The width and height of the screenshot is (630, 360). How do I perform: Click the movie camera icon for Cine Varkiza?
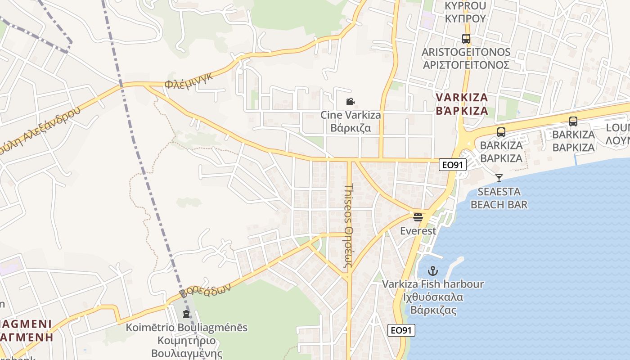[350, 102]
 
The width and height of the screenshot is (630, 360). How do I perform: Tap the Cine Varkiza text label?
[351, 121]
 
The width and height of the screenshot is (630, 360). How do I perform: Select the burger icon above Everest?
[418, 217]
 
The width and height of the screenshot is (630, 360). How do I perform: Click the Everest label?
[418, 231]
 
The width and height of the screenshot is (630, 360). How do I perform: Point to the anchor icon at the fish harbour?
[432, 271]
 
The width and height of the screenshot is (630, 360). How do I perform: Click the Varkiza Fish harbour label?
[433, 297]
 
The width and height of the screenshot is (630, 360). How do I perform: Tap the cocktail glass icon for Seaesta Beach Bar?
[499, 178]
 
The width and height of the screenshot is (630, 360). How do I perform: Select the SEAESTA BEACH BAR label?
[499, 198]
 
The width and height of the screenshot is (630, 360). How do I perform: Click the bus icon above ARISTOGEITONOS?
[466, 39]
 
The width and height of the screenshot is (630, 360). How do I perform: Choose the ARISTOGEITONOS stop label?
[466, 58]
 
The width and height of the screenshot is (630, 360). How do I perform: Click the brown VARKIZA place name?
[462, 104]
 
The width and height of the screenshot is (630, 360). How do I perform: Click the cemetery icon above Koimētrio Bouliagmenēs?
[186, 314]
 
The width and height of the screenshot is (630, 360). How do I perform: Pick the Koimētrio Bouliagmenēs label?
[186, 340]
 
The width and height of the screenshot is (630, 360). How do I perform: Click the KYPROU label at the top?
[465, 12]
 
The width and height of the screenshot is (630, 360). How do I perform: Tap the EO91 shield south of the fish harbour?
[401, 330]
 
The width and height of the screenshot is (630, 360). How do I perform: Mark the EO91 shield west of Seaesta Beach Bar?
[452, 165]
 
